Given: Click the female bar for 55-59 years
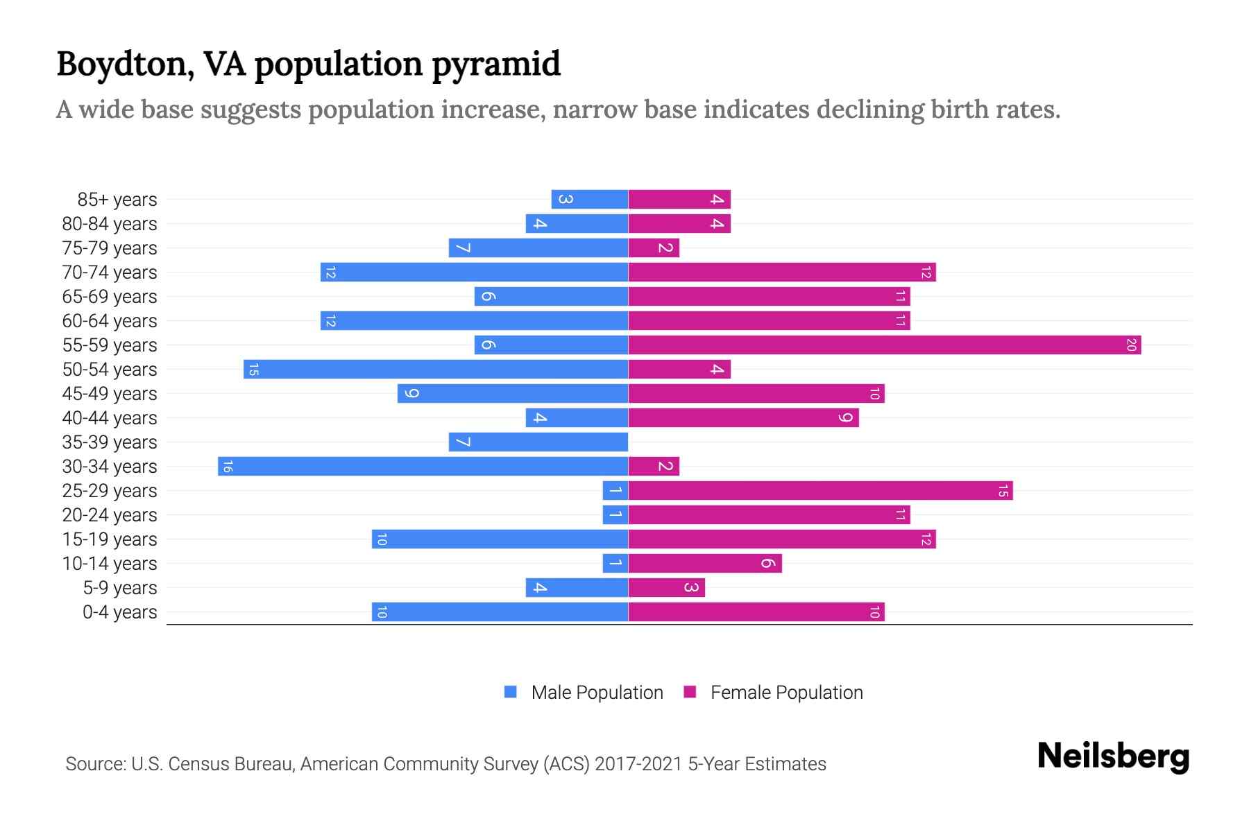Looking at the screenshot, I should click(x=884, y=345).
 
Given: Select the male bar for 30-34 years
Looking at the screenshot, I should click(x=423, y=466).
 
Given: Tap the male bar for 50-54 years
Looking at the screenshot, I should click(x=436, y=369).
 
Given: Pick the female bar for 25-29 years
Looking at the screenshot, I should click(x=820, y=490).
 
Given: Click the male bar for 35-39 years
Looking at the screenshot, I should click(x=538, y=442).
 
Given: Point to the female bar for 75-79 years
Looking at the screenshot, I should click(x=654, y=248).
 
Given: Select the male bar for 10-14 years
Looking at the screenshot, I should click(x=615, y=563).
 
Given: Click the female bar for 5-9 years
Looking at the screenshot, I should click(x=666, y=587).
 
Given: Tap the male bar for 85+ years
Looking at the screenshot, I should click(x=589, y=199).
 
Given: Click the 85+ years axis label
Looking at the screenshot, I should click(x=117, y=200).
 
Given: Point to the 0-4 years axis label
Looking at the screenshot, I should click(x=119, y=612).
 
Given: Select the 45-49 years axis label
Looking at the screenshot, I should click(x=110, y=394).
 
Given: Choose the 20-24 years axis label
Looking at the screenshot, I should click(x=110, y=515).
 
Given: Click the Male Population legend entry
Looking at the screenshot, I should click(x=596, y=692).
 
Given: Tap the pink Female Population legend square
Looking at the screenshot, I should click(x=690, y=692).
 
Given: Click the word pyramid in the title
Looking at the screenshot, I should click(x=495, y=64).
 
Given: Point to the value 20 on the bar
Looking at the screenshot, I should click(x=1130, y=345).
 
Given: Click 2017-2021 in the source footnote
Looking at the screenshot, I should click(x=638, y=764).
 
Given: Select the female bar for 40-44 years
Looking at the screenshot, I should click(x=743, y=417).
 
